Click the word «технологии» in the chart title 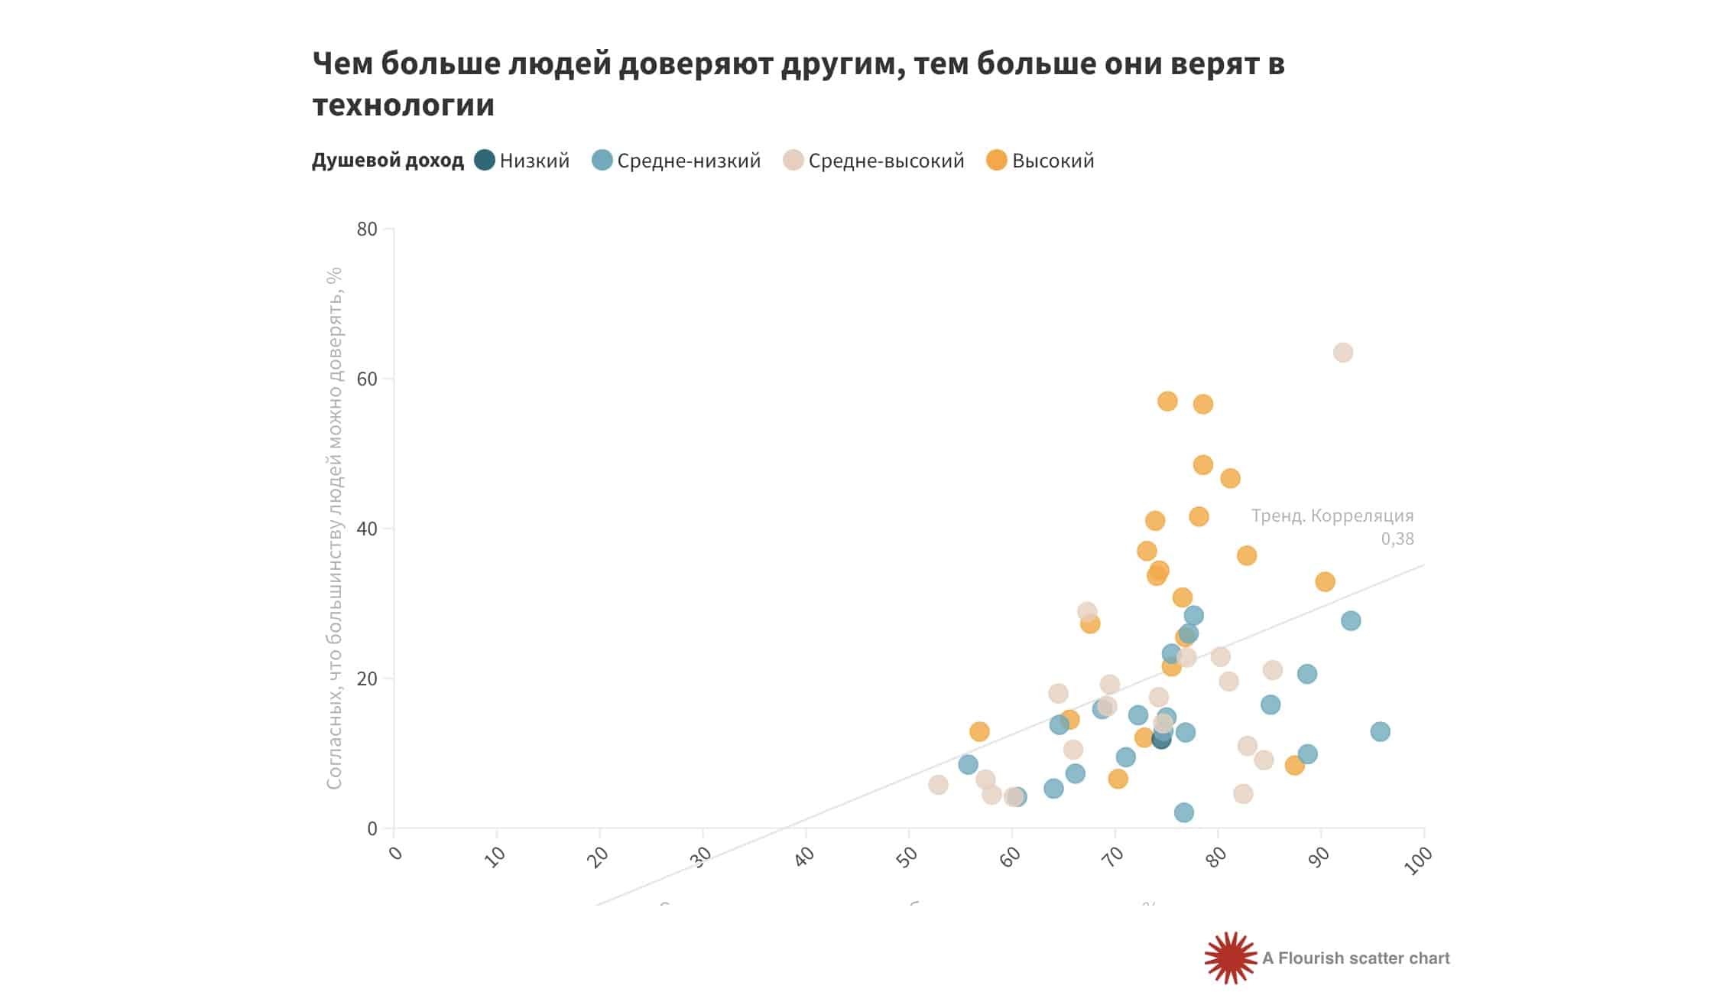[x=403, y=105]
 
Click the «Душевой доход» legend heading [x=388, y=161]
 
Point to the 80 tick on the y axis [x=367, y=229]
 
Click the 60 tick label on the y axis [x=367, y=379]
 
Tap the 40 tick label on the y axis [x=367, y=529]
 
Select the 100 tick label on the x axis [x=1418, y=861]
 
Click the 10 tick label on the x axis [x=495, y=857]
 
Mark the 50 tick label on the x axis [x=907, y=857]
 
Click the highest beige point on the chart [x=1342, y=353]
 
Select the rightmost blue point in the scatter [x=1380, y=731]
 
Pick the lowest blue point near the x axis [x=1183, y=812]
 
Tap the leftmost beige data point [x=938, y=784]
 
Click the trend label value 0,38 [x=1397, y=539]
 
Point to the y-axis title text [x=334, y=528]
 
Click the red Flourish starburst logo [x=1230, y=958]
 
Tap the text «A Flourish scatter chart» [x=1355, y=958]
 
